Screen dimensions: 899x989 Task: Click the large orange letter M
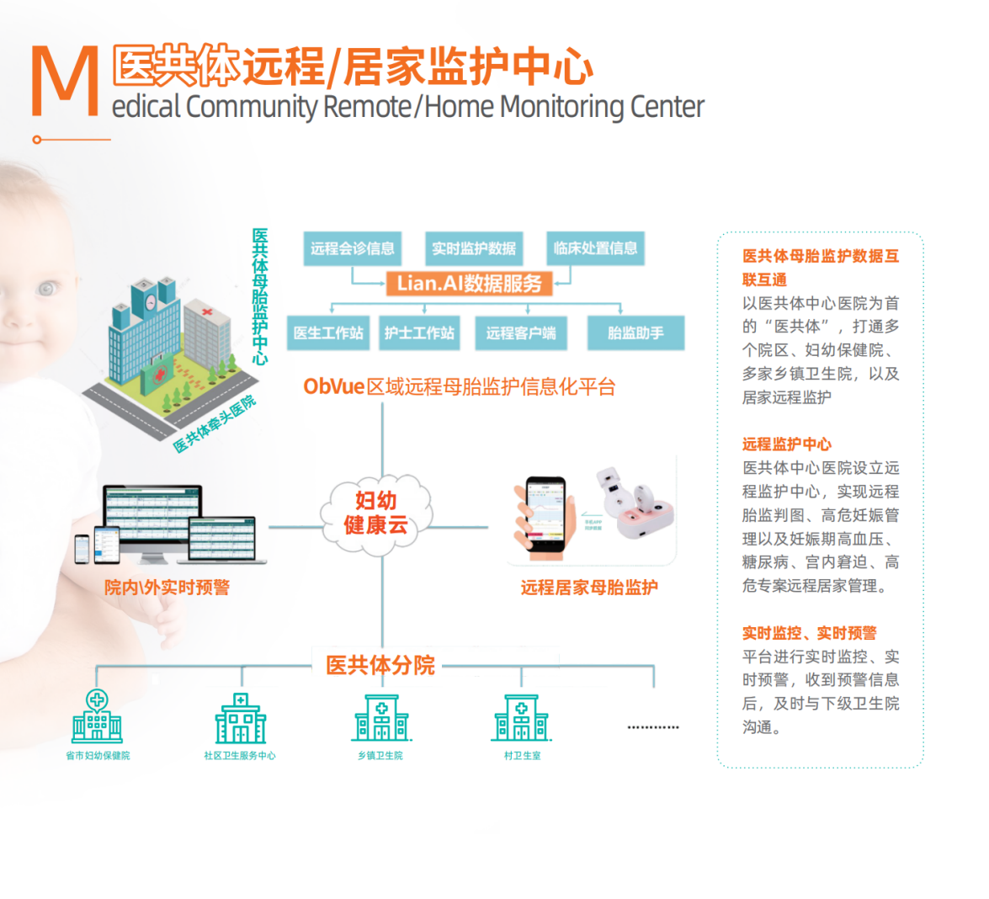65,82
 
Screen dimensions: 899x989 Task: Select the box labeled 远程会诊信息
352,248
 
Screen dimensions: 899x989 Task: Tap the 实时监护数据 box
474,248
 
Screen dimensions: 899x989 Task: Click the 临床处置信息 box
595,248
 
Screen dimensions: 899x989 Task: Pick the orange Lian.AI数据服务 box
470,283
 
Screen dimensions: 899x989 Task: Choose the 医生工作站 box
328,333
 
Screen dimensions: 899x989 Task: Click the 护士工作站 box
419,333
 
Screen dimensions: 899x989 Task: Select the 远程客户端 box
520,333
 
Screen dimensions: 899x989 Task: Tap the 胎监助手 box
635,333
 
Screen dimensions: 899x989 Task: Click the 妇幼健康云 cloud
376,514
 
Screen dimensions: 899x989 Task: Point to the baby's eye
47,290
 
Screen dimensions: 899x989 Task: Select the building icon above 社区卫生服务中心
241,719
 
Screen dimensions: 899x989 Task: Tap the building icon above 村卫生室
521,719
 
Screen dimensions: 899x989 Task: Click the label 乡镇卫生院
380,756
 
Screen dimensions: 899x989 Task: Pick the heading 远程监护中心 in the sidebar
786,444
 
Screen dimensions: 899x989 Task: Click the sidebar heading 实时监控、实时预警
809,632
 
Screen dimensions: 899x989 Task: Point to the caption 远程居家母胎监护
588,588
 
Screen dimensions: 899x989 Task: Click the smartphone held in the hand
545,514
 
